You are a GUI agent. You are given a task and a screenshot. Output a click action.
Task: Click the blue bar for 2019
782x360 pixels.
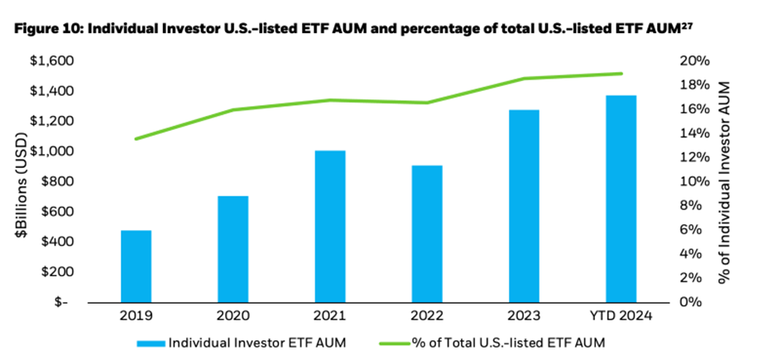137,266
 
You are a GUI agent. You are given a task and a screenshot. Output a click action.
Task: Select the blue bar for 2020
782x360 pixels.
233,248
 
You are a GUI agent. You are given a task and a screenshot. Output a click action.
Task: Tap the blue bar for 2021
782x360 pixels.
329,226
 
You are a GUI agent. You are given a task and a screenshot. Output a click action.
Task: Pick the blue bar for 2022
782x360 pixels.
426,233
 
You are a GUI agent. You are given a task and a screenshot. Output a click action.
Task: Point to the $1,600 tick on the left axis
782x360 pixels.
52,61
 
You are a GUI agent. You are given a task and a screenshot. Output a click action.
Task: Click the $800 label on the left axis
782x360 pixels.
56,181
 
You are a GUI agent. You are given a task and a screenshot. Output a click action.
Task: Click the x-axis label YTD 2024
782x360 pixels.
621,316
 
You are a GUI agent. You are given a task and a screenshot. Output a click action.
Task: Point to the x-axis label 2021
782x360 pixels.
329,316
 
